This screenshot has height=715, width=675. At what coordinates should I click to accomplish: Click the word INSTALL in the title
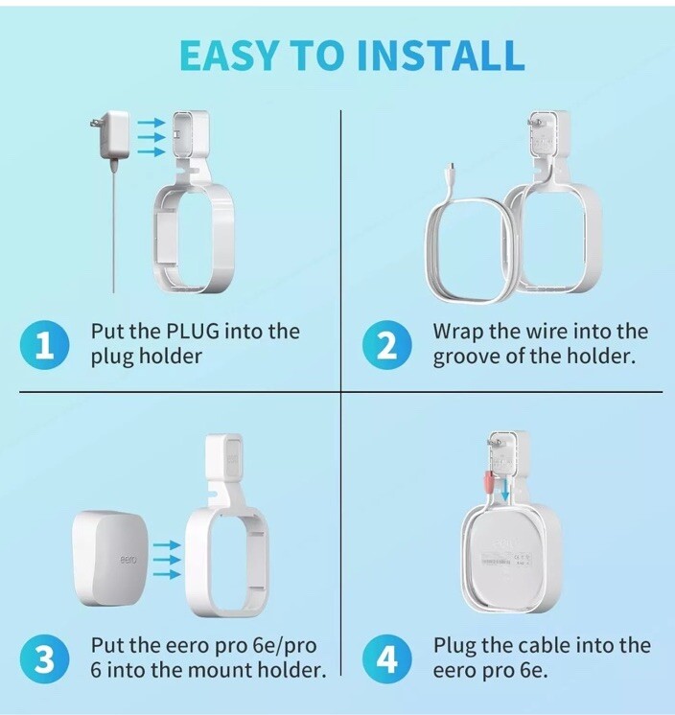[x=440, y=56]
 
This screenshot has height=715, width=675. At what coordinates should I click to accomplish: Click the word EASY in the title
[x=228, y=56]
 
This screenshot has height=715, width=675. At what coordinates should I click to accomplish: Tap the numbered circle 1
[x=45, y=345]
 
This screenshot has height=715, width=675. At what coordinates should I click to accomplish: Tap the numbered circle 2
[x=386, y=345]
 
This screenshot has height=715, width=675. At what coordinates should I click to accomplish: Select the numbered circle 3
[x=45, y=659]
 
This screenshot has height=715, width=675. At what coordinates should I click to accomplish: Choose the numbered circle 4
[x=386, y=659]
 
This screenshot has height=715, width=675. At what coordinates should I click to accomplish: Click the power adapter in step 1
[x=109, y=135]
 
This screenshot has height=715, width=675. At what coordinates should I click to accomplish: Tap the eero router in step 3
[x=111, y=558]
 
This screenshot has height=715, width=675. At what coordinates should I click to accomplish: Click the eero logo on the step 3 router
[x=128, y=559]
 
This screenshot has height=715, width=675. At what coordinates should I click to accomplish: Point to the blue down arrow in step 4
[x=505, y=489]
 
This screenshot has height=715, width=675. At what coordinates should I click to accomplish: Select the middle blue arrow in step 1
[x=151, y=137]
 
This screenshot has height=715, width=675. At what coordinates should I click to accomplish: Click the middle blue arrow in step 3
[x=167, y=559]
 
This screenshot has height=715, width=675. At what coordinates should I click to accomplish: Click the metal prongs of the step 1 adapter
[x=94, y=123]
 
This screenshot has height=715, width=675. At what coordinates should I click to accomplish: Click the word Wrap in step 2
[x=458, y=332]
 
